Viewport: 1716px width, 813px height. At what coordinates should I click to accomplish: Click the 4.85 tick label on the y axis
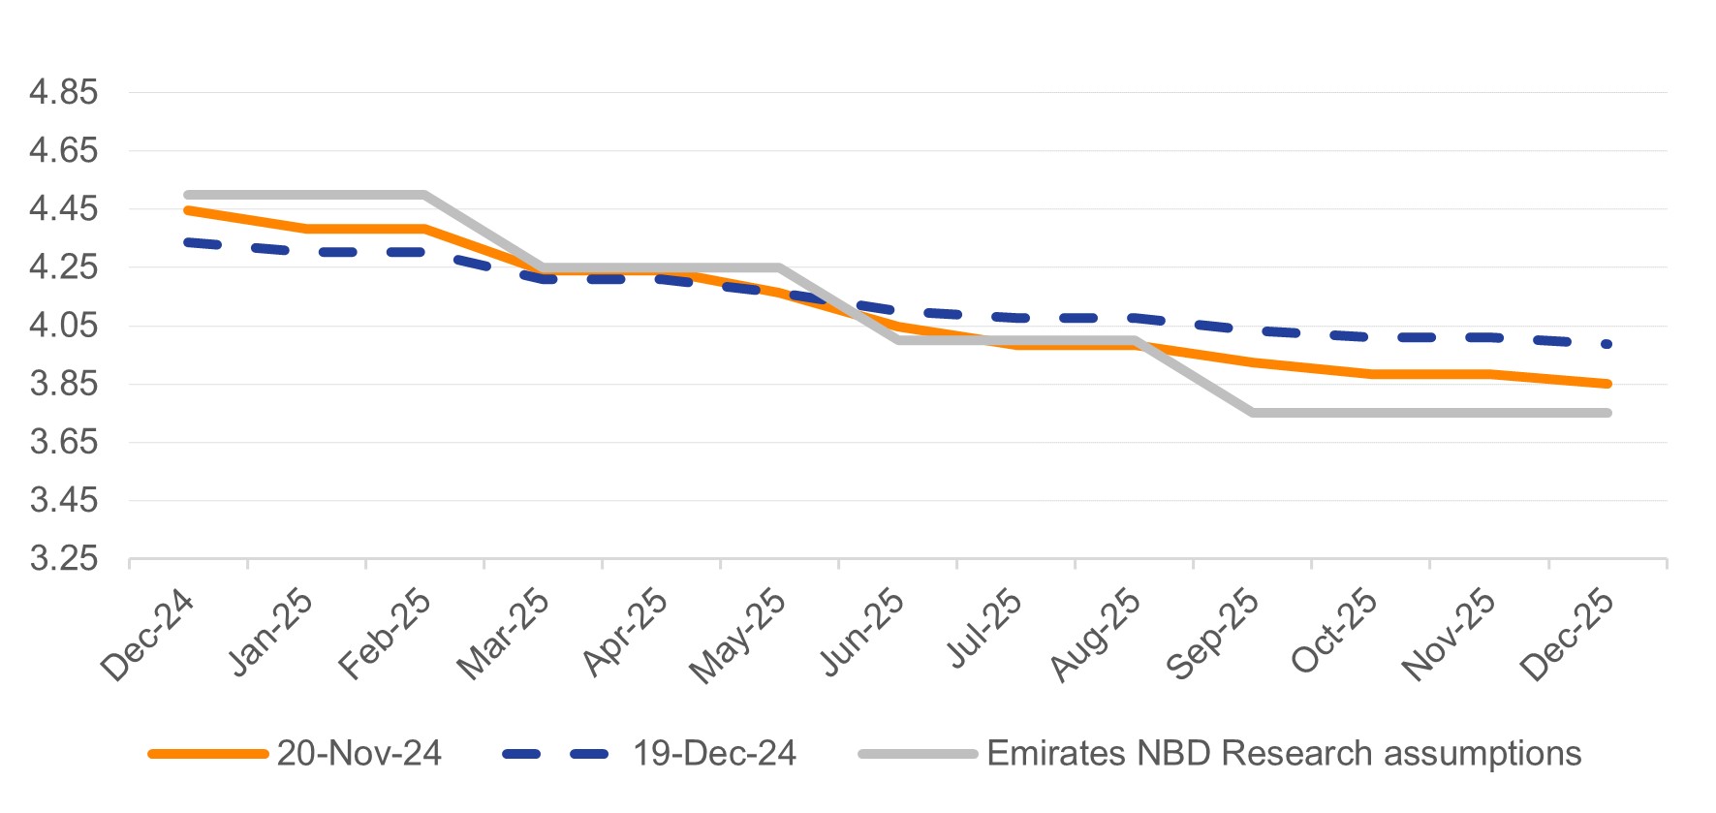tap(64, 93)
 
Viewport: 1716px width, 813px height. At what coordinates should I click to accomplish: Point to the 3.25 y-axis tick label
tap(64, 559)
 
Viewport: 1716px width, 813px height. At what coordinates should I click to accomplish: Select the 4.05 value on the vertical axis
tap(64, 326)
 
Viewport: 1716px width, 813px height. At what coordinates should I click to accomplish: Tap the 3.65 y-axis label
tap(64, 443)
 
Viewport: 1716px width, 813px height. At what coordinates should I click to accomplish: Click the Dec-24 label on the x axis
tap(148, 635)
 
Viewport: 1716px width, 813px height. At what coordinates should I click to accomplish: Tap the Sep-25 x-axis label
tap(1213, 635)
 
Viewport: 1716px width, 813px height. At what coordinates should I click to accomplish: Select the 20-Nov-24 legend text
tap(359, 754)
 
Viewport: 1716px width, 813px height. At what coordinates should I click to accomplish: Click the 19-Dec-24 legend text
tap(714, 754)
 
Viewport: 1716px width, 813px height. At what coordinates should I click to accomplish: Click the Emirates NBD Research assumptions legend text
tap(1284, 754)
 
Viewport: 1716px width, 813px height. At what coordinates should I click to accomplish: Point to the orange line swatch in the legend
tap(207, 754)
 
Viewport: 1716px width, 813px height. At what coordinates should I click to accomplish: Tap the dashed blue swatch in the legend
tap(556, 754)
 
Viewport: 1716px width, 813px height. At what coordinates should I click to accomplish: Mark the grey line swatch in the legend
tap(918, 754)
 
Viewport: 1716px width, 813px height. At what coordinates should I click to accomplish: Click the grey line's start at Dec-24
tap(188, 195)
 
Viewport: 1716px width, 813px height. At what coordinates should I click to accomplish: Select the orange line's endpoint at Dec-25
tap(1607, 384)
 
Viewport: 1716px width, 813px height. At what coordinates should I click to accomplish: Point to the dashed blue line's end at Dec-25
tap(1607, 344)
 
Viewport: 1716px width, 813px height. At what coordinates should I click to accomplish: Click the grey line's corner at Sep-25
tap(1253, 413)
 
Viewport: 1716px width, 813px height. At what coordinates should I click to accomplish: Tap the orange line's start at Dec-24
tap(188, 209)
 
